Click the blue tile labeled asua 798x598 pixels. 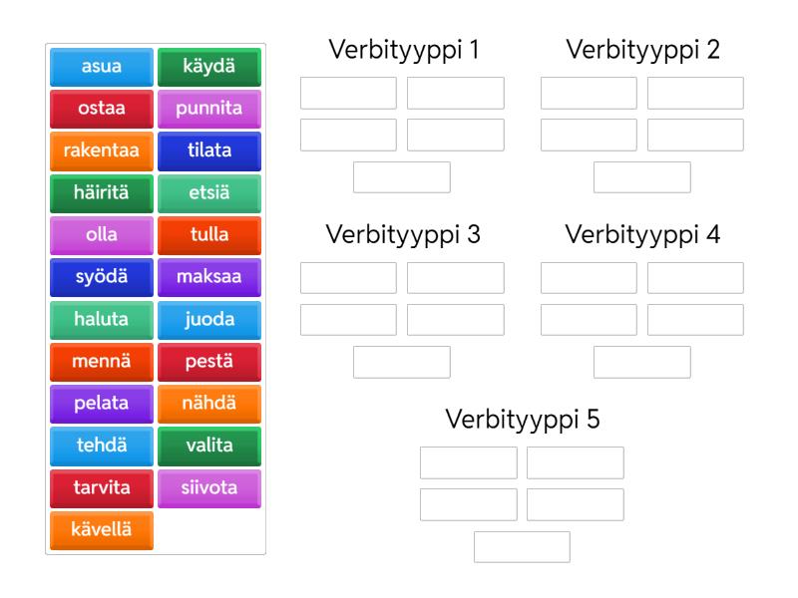[x=102, y=67]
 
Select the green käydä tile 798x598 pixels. [x=209, y=67]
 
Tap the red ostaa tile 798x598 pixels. [x=102, y=109]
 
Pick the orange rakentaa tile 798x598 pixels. [x=102, y=150]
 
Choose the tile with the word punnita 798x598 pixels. [x=209, y=109]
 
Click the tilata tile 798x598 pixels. [x=209, y=150]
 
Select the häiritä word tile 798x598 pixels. [x=102, y=193]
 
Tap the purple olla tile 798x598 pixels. [x=102, y=235]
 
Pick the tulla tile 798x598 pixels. [x=209, y=235]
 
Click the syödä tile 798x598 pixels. [x=102, y=277]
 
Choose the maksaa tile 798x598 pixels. [x=209, y=277]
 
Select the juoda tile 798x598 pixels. [x=209, y=320]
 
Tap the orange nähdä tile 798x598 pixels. [x=209, y=404]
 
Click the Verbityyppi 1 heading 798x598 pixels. [x=402, y=50]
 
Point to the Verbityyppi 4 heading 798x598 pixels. [x=642, y=235]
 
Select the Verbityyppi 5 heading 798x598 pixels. [x=522, y=420]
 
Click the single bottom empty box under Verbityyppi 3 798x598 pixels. [x=402, y=362]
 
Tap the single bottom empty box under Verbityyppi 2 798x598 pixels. [x=642, y=177]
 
